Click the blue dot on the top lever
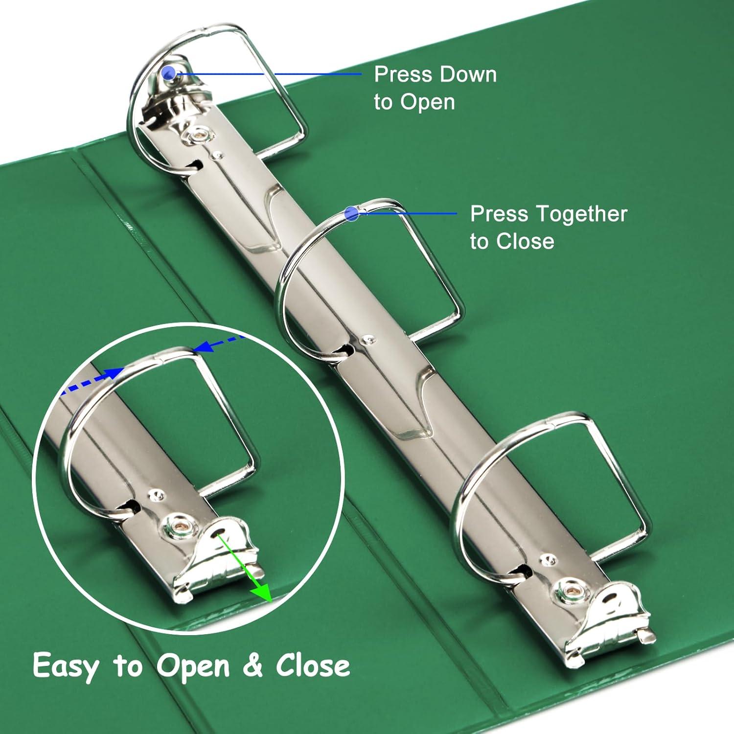click(x=169, y=73)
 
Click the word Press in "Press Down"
click(x=403, y=74)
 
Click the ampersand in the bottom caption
click(x=252, y=665)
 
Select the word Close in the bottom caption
click(x=313, y=665)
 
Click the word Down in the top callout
click(x=467, y=74)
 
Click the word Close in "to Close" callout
click(x=525, y=241)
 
